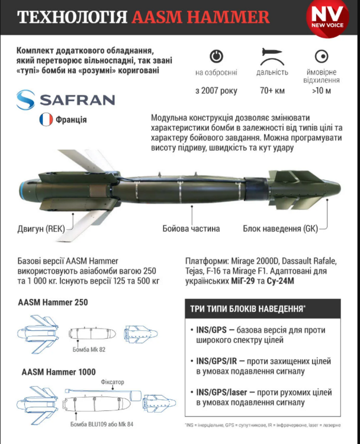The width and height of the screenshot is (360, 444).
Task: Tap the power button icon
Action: (216, 56)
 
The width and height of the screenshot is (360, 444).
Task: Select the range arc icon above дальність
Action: (272, 56)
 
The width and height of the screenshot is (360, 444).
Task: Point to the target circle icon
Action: (322, 56)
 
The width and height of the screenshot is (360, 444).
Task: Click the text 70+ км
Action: (272, 91)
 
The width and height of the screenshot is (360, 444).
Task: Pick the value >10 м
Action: (322, 91)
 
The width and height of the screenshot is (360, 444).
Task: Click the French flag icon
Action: (46, 120)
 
